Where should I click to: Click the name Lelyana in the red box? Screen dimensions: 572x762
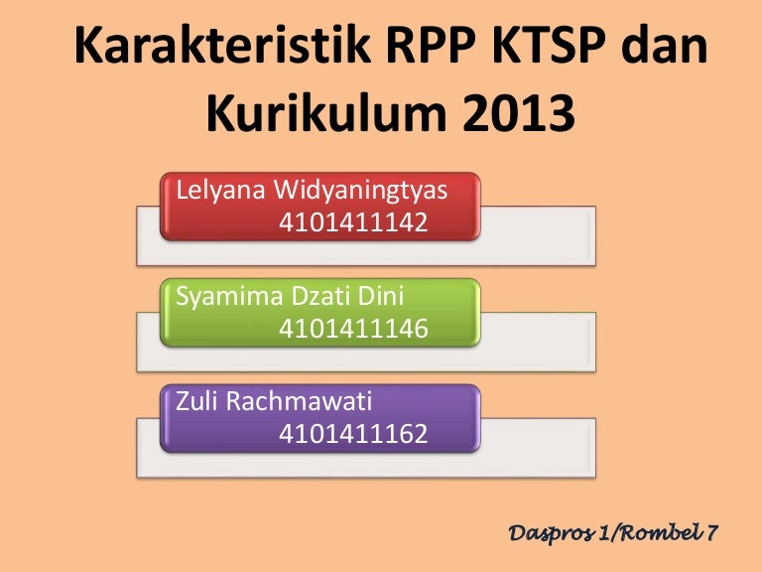click(217, 191)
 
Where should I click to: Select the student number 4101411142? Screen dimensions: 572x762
click(353, 222)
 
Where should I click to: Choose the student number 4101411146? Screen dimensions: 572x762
click(353, 328)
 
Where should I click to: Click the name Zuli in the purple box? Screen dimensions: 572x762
click(197, 401)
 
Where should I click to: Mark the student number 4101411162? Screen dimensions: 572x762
click(353, 433)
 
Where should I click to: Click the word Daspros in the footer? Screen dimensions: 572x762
click(551, 533)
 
